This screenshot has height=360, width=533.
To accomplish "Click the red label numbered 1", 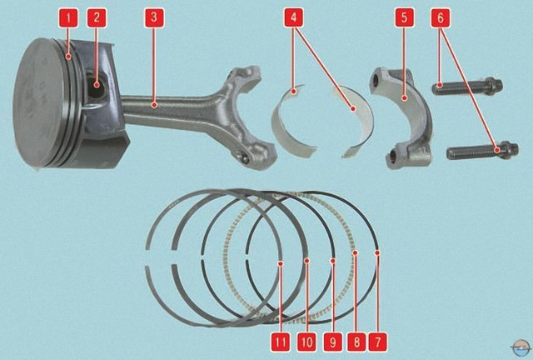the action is pyautogui.click(x=68, y=17).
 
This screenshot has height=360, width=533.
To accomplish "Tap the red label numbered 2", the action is pyautogui.click(x=97, y=17).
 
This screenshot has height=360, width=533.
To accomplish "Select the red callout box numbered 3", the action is pyautogui.click(x=154, y=17).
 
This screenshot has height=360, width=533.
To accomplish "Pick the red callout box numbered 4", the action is pyautogui.click(x=293, y=17).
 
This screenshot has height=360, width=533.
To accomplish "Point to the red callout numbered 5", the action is pyautogui.click(x=404, y=17).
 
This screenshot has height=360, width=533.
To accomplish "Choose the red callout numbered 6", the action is pyautogui.click(x=441, y=17).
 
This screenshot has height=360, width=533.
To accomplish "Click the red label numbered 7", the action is pyautogui.click(x=377, y=342).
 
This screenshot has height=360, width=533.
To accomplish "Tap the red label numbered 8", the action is pyautogui.click(x=356, y=342).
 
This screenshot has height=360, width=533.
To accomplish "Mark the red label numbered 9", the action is pyautogui.click(x=332, y=342).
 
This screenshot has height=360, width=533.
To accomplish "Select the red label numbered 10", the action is pyautogui.click(x=306, y=342).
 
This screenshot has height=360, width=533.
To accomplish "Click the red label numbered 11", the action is pyautogui.click(x=281, y=342).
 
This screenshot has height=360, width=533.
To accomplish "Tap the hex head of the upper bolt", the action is pyautogui.click(x=494, y=86).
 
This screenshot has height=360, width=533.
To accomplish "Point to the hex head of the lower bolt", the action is pyautogui.click(x=509, y=150).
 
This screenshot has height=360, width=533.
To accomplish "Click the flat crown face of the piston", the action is pyautogui.click(x=41, y=102).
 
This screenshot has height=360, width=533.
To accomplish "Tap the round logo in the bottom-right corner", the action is pyautogui.click(x=521, y=347).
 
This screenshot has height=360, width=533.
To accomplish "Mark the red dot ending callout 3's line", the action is pyautogui.click(x=154, y=106).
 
